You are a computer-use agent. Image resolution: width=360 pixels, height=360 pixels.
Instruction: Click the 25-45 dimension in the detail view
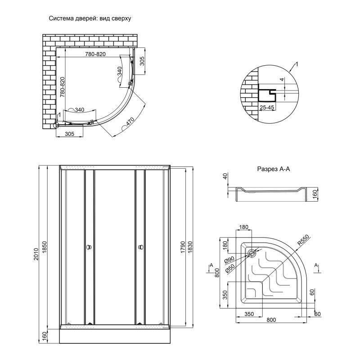[267, 108]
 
